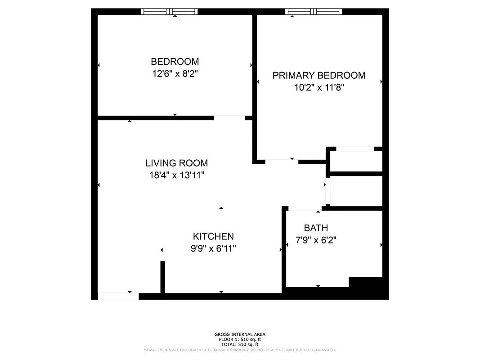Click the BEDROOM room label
pos(175,62)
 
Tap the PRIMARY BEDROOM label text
pos(319,76)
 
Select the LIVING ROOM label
pos(177,163)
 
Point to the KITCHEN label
pos(213,236)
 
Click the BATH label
pos(316,228)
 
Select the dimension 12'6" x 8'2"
pos(175,73)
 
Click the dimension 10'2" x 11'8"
pos(319,88)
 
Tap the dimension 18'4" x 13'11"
pos(177,175)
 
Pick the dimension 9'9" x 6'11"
pos(213,248)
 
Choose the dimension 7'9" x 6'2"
pos(316,240)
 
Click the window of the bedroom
pos(169,12)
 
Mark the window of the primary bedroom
pos(314,12)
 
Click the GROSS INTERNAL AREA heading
pos(240,334)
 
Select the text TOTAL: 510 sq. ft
pos(240,344)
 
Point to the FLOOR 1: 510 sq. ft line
pos(240,339)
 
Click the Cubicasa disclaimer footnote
pos(240,350)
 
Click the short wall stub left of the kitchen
pos(163,277)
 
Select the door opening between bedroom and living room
pos(229,118)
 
